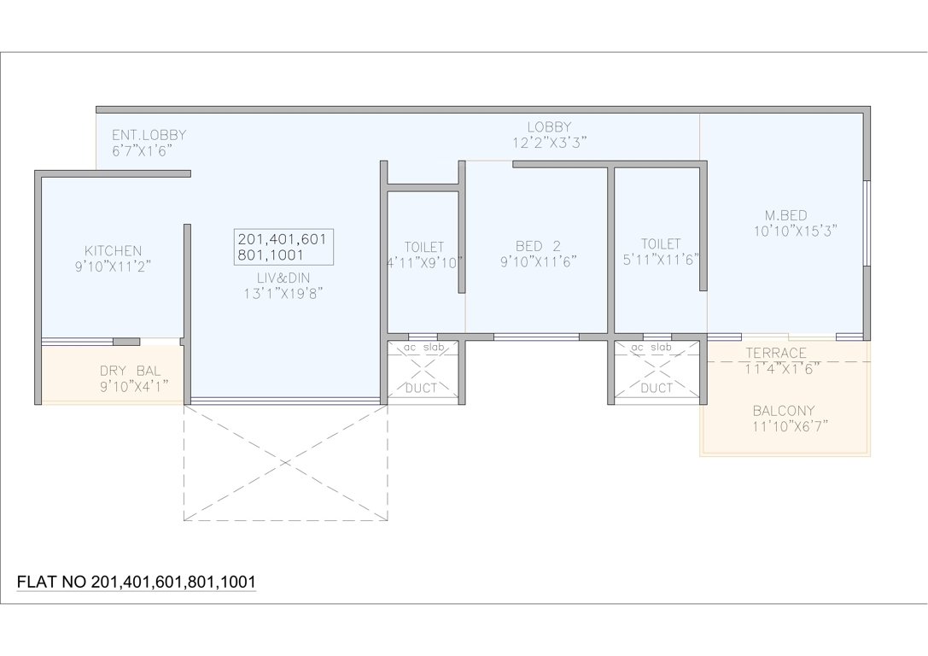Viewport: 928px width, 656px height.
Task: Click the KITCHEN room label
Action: [113, 250]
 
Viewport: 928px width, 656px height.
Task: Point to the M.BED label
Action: [785, 214]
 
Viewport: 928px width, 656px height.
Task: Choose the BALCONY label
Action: [784, 410]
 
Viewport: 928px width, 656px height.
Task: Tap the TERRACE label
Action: [775, 353]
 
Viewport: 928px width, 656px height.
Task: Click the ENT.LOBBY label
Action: [149, 135]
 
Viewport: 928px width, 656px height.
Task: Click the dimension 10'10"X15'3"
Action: [794, 231]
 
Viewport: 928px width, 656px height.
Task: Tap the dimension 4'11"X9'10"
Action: [424, 262]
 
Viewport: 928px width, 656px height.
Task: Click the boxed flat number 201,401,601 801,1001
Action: [282, 247]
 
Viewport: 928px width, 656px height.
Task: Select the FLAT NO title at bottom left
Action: [137, 582]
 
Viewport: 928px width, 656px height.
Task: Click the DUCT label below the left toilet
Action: [421, 388]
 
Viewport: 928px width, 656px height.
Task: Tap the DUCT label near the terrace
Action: [656, 388]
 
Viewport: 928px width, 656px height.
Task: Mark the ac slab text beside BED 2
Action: [424, 348]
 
